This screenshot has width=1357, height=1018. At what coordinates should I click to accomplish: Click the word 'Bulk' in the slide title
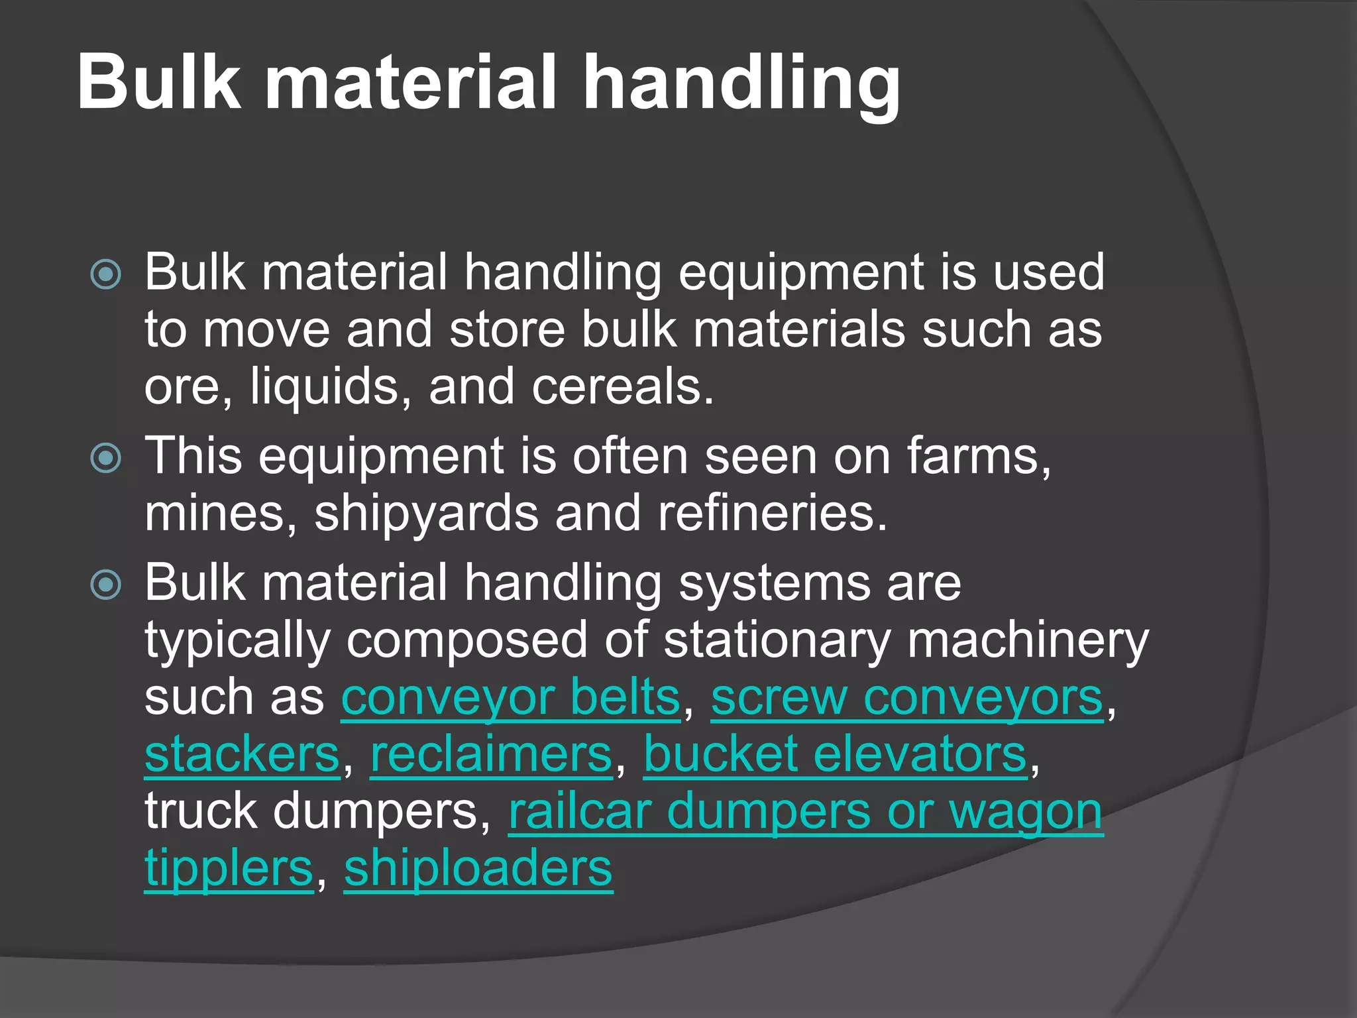[159, 82]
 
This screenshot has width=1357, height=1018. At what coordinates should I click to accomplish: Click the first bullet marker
[106, 274]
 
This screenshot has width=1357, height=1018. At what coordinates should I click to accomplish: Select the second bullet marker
[106, 457]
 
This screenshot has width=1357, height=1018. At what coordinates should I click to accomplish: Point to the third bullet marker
[106, 585]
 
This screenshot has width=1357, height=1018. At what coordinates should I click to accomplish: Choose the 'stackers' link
[242, 756]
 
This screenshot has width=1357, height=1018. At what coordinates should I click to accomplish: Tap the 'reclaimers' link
[491, 756]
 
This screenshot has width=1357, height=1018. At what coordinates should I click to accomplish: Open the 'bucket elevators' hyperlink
[835, 756]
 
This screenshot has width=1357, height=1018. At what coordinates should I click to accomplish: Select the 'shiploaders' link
[478, 870]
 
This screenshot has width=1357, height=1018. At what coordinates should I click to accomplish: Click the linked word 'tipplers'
[229, 870]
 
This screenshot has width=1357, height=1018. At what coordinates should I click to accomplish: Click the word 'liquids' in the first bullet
[325, 387]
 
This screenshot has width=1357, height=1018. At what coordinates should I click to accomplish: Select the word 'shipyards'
[426, 514]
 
